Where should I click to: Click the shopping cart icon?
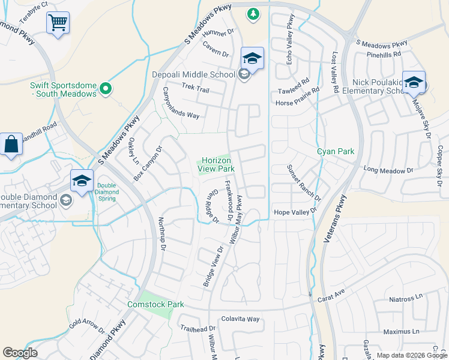(58, 23)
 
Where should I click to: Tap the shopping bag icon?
(11, 145)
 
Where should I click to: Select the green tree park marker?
(253, 13)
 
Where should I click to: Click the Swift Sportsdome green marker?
(106, 89)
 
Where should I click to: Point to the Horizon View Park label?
(216, 164)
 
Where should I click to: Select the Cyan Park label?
(336, 152)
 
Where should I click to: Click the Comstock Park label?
(155, 304)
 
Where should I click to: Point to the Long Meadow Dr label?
(389, 170)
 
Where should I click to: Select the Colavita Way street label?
(240, 319)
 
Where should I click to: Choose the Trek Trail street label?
(195, 89)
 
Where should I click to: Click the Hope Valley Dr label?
(295, 212)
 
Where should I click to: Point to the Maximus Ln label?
(402, 331)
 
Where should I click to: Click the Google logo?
(20, 353)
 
